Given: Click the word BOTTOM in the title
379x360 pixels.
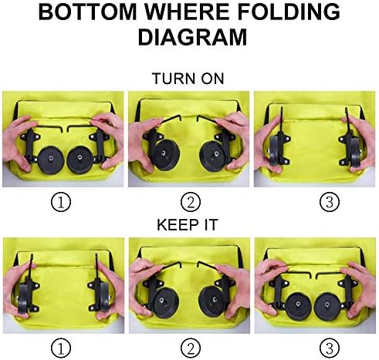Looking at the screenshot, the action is (x=87, y=12).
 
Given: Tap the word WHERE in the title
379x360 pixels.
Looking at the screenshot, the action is (x=188, y=12).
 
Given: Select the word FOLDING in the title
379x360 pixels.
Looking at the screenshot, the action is (x=289, y=12).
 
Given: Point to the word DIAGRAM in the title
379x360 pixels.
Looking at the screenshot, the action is (x=192, y=37).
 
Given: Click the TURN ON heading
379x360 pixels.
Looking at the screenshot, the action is (x=188, y=79).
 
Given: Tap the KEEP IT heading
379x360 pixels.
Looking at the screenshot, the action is (x=188, y=225).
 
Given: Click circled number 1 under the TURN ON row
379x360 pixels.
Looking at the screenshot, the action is (x=61, y=203).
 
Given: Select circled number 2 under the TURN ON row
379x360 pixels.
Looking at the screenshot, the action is (x=191, y=203).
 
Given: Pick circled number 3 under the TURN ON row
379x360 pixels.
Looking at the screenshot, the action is (x=330, y=202).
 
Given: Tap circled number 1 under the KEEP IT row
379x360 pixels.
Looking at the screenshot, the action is (x=61, y=348).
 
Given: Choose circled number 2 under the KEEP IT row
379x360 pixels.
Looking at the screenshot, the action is (x=191, y=348).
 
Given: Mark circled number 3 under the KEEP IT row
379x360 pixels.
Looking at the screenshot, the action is (x=330, y=348).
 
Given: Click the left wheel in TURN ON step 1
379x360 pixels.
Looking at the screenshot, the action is (x=51, y=160).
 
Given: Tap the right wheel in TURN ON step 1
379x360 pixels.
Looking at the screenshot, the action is (x=80, y=160).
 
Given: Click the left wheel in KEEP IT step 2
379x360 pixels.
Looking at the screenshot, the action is (x=164, y=302).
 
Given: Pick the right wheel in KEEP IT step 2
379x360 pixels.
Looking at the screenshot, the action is (x=212, y=301).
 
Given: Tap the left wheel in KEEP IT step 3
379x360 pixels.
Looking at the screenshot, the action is (x=299, y=307).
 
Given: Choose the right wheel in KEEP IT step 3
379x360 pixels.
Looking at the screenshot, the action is (x=327, y=307).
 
